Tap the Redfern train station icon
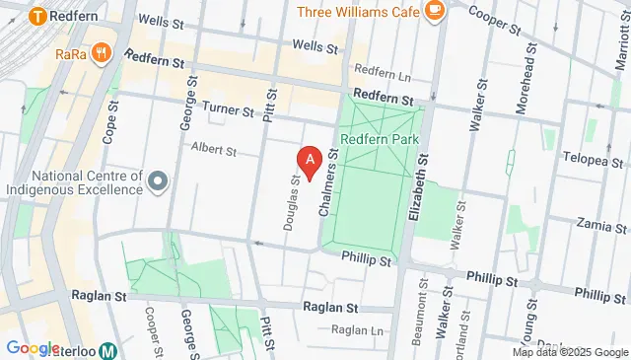(38, 16)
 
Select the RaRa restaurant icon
(100, 54)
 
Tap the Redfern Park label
(381, 140)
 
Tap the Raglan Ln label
(355, 330)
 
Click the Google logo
(33, 348)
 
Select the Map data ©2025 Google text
(569, 352)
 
